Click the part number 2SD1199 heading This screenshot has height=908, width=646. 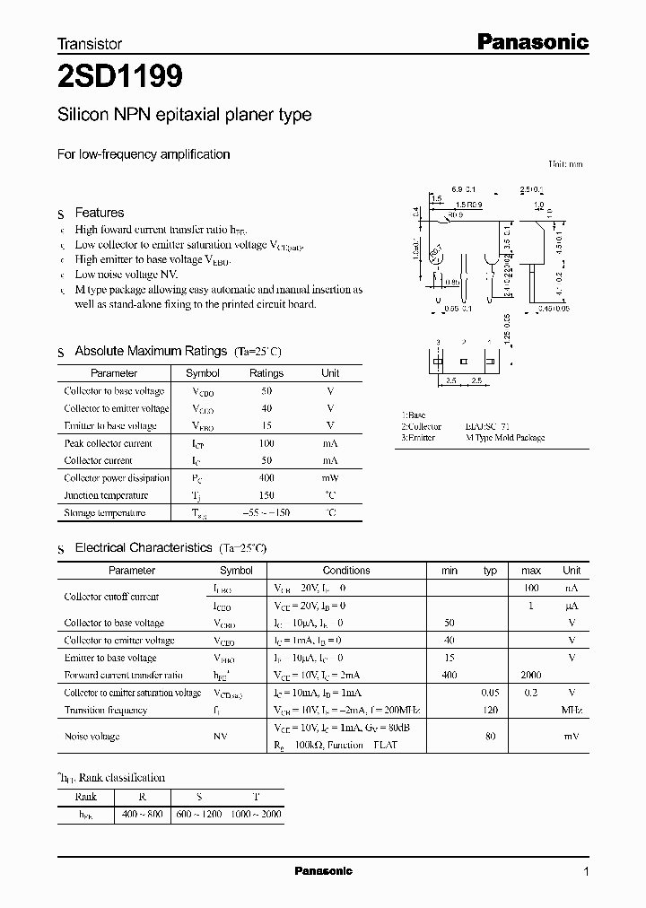[120, 78]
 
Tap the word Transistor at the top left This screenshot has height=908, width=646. [90, 43]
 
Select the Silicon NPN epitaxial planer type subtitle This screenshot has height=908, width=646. [184, 115]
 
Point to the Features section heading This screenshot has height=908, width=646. [99, 213]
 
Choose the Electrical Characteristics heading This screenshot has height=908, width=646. [144, 547]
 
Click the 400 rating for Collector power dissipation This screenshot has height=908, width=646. [266, 478]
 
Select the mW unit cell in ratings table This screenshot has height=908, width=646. [330, 478]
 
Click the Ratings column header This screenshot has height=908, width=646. [266, 373]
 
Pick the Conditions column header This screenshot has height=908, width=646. [346, 571]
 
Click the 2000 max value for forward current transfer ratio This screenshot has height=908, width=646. [531, 675]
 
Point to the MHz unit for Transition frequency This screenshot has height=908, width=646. [572, 710]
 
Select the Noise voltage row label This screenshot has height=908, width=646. [92, 737]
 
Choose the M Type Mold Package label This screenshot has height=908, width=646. [505, 438]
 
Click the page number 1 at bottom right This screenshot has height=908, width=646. [586, 871]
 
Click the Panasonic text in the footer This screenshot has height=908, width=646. [324, 871]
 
